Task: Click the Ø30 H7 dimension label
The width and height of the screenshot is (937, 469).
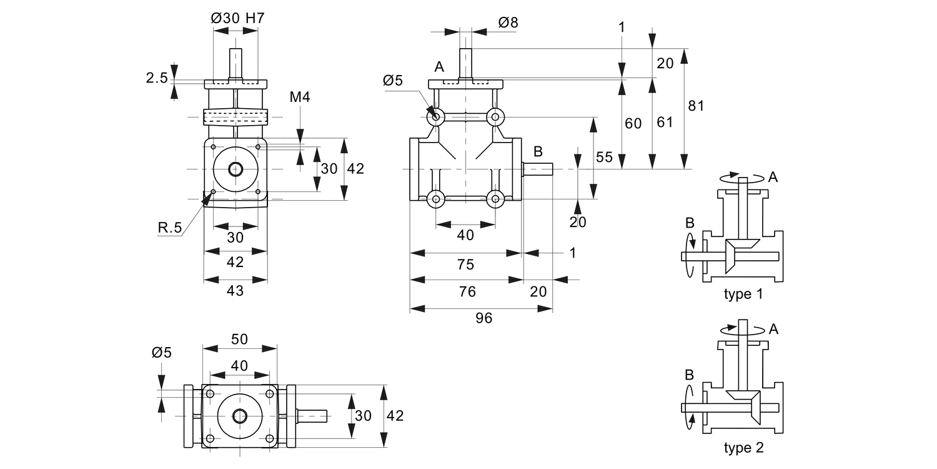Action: [x=238, y=18]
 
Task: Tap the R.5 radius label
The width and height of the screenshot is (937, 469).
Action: [x=169, y=228]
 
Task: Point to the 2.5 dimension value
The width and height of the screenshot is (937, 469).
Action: [x=157, y=78]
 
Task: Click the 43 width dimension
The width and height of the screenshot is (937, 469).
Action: [x=235, y=291]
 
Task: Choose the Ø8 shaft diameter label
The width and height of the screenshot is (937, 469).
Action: [x=508, y=23]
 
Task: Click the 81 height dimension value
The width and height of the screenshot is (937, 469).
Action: [x=695, y=106]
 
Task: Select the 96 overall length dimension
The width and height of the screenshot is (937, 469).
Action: [x=483, y=318]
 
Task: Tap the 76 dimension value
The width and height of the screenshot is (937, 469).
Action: [x=467, y=291]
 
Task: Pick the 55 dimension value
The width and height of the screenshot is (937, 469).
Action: [x=604, y=157]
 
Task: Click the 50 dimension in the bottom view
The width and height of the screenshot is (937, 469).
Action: [x=239, y=339]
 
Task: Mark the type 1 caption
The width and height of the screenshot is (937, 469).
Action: [x=743, y=294]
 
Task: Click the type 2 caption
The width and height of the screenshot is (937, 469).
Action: [x=743, y=448]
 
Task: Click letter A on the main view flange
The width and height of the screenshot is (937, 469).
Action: [x=439, y=68]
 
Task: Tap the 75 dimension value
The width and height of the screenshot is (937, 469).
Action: [x=465, y=265]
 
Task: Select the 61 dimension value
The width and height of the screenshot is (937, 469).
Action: [x=665, y=122]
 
